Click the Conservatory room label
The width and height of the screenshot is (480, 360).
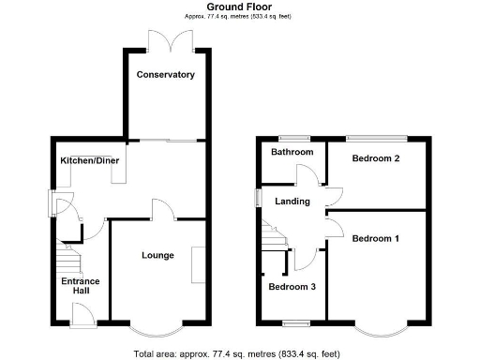(x=165, y=74)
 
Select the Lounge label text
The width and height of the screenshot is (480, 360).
(x=157, y=255)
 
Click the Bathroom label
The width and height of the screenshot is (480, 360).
(x=292, y=152)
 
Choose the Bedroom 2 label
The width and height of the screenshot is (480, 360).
(x=376, y=158)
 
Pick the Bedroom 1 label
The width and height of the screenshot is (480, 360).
(x=376, y=239)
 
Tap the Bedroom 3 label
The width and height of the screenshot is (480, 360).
(x=292, y=287)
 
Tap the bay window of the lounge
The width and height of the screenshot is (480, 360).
(x=157, y=330)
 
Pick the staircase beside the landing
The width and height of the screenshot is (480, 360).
(x=275, y=237)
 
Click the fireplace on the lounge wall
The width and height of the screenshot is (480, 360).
(x=198, y=263)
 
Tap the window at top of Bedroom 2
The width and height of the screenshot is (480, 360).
(x=372, y=138)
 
